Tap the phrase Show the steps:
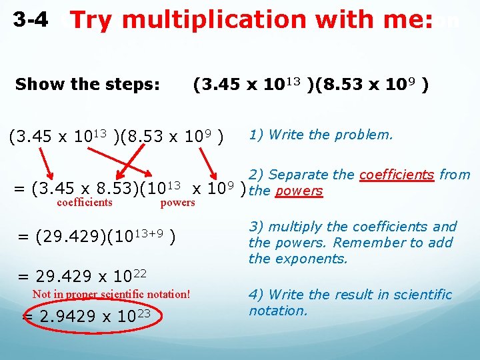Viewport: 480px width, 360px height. (x=87, y=85)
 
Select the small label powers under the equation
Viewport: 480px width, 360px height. (x=178, y=203)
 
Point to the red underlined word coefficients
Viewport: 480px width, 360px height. (x=397, y=175)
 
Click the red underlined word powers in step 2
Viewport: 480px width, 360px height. (x=299, y=191)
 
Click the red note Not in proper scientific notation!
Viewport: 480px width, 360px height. (x=111, y=294)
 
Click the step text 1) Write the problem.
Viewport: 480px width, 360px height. (x=321, y=135)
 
